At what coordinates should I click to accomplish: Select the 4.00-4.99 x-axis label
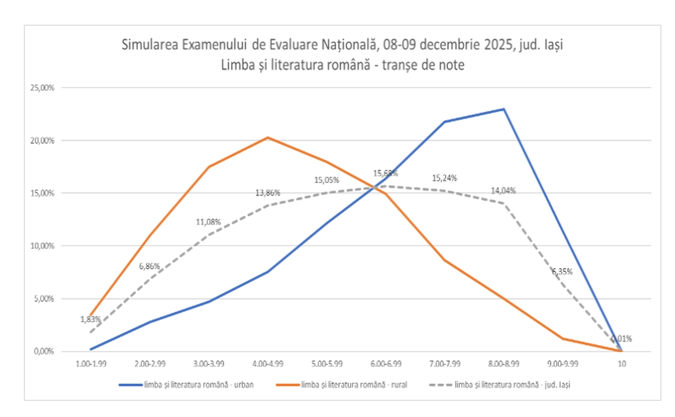[x=267, y=363]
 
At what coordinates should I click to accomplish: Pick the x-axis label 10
[x=621, y=363]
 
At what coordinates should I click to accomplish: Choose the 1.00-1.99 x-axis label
[x=91, y=363]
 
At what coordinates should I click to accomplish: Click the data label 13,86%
[x=267, y=193]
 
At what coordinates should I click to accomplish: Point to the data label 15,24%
[x=445, y=178]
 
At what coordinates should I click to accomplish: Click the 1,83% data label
[x=91, y=319]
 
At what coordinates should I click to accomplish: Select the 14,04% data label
[x=504, y=191]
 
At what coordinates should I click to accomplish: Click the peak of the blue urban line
[x=503, y=109]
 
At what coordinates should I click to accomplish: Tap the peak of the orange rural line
[x=267, y=138]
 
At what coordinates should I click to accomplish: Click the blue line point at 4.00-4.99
[x=267, y=272]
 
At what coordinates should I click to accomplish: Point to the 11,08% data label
[x=209, y=222]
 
